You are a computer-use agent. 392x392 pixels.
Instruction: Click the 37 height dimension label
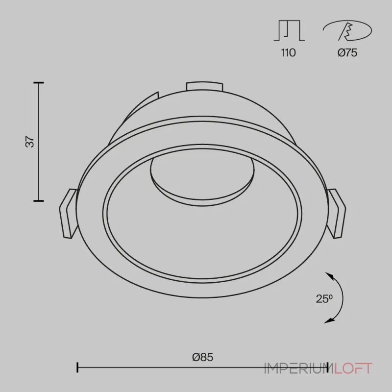click(x=30, y=142)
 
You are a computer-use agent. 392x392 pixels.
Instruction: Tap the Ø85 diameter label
click(x=202, y=357)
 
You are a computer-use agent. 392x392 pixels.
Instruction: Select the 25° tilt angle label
click(x=324, y=299)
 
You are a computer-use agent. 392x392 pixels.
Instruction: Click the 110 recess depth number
click(x=289, y=53)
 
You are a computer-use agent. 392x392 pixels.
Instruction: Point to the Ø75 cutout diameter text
click(x=347, y=53)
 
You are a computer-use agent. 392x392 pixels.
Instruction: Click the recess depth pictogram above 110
click(x=289, y=30)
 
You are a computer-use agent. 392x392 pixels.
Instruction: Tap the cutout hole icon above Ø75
click(x=347, y=30)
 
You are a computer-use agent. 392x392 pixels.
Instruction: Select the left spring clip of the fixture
click(x=68, y=213)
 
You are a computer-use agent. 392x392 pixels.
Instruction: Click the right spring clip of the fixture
click(x=337, y=213)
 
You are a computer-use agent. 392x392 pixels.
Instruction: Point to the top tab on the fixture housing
click(x=204, y=86)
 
